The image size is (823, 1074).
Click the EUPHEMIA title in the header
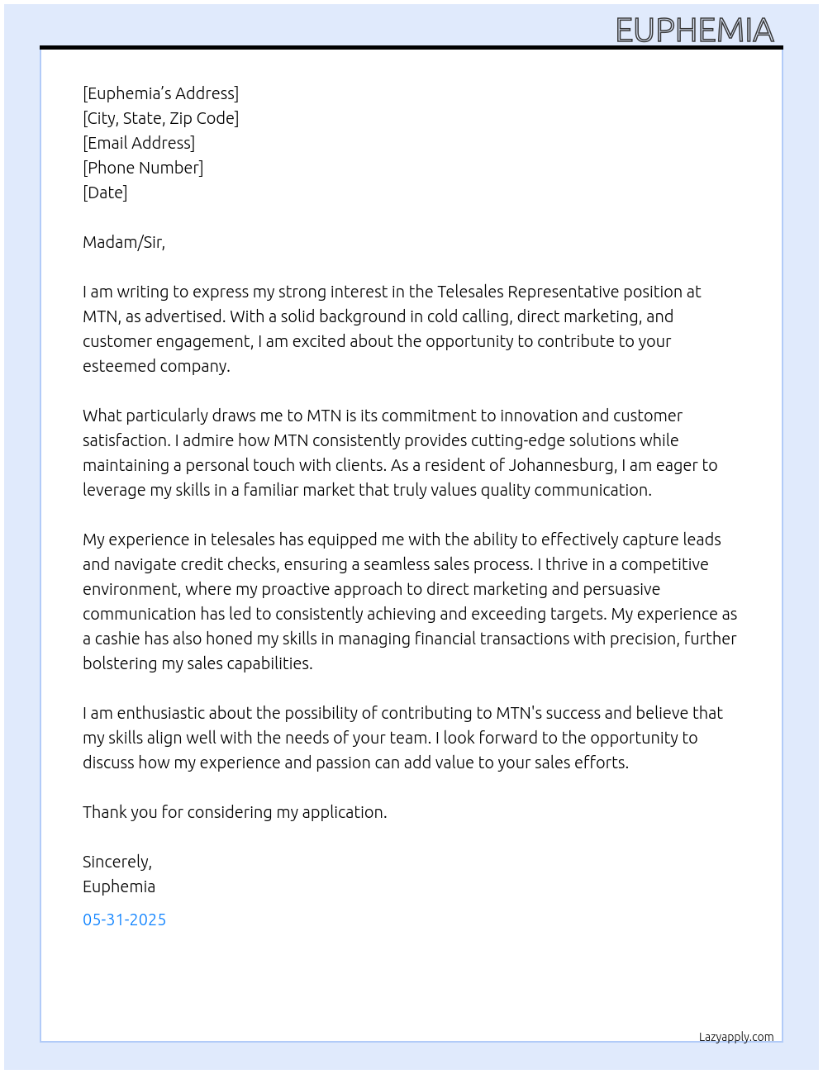[695, 31]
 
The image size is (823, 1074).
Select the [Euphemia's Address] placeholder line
[160, 93]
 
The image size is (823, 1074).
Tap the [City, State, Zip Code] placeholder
[160, 118]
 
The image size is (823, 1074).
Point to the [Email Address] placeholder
[139, 143]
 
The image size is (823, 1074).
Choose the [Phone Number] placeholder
[143, 168]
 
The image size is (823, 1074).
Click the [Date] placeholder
[105, 192]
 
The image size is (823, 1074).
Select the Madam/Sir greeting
[123, 242]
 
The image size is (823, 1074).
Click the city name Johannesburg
[562, 465]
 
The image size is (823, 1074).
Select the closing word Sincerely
[117, 862]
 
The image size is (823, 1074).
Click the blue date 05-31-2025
[124, 920]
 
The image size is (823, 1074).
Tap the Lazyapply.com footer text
[736, 1037]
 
